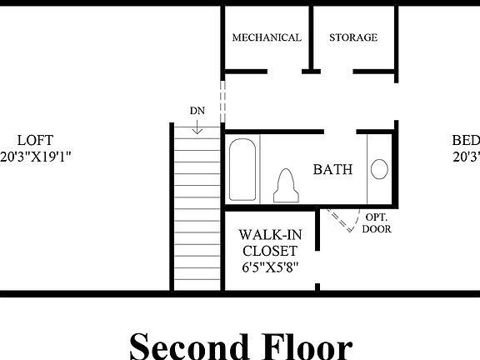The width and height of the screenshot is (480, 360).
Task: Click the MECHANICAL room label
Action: (x=267, y=37)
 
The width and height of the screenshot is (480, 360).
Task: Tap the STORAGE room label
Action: (x=353, y=37)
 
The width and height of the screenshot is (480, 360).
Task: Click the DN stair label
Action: (x=197, y=111)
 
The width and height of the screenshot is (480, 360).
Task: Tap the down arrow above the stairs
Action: (x=197, y=127)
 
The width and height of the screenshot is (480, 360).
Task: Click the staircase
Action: (x=197, y=208)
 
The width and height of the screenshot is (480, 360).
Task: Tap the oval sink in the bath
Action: (x=379, y=170)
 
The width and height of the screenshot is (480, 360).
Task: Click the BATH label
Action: (x=332, y=169)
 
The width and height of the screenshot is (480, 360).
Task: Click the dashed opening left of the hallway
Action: (x=222, y=100)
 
